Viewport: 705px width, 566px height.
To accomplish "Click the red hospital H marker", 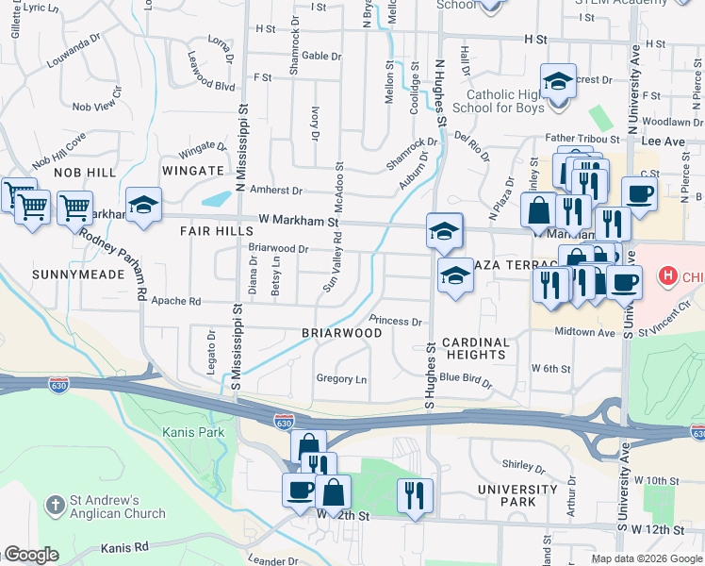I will tap(668, 276).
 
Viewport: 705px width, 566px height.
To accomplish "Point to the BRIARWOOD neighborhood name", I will tap(341, 333).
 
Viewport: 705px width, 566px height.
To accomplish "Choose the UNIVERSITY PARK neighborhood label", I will tap(517, 495).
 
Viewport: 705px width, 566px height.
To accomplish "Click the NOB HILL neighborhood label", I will tap(85, 173).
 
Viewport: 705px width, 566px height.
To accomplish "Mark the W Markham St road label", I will tap(298, 221).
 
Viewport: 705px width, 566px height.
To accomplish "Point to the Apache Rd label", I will tap(182, 302).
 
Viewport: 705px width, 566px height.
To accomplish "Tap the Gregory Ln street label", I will tap(341, 378).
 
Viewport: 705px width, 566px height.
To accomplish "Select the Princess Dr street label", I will tap(395, 321).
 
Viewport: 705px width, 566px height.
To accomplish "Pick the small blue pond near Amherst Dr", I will tap(217, 198).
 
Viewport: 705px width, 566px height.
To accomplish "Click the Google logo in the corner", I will tap(31, 555).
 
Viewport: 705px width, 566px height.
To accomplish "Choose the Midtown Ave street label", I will tap(584, 332).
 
